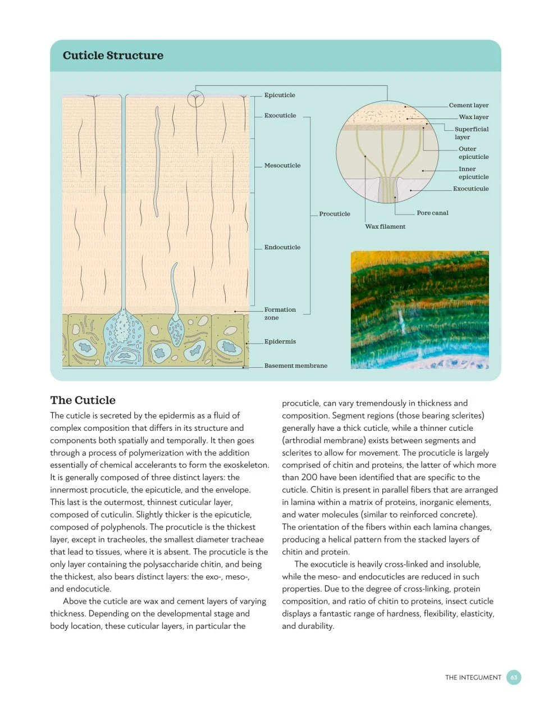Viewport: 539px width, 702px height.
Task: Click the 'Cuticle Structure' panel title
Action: tap(113, 56)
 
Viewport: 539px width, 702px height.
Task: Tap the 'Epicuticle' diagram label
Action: tap(280, 95)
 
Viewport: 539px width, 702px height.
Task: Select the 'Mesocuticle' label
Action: tap(282, 166)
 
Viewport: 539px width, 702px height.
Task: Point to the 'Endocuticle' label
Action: tap(282, 247)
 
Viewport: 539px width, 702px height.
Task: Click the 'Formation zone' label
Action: tap(280, 313)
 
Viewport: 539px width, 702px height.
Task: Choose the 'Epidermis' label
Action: tap(280, 341)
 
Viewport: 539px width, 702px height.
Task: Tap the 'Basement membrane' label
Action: tap(296, 366)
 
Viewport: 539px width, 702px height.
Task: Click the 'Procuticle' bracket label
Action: tap(335, 214)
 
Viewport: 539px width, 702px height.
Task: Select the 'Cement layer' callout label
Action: tap(469, 105)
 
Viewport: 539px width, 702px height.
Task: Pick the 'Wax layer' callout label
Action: tap(474, 117)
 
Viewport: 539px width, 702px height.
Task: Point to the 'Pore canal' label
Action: tap(432, 213)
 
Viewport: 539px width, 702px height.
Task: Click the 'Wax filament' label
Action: tap(385, 226)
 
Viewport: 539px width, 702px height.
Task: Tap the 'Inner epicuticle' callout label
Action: tap(473, 173)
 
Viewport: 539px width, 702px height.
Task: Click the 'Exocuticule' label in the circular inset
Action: tap(471, 189)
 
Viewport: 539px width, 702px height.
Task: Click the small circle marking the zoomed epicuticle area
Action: tap(195, 98)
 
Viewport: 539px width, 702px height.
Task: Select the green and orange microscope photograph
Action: tap(419, 309)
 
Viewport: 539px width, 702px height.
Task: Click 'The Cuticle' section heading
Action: tap(83, 400)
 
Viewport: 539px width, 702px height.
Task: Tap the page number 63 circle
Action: tap(514, 677)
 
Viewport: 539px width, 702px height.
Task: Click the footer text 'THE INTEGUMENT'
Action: tap(473, 677)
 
